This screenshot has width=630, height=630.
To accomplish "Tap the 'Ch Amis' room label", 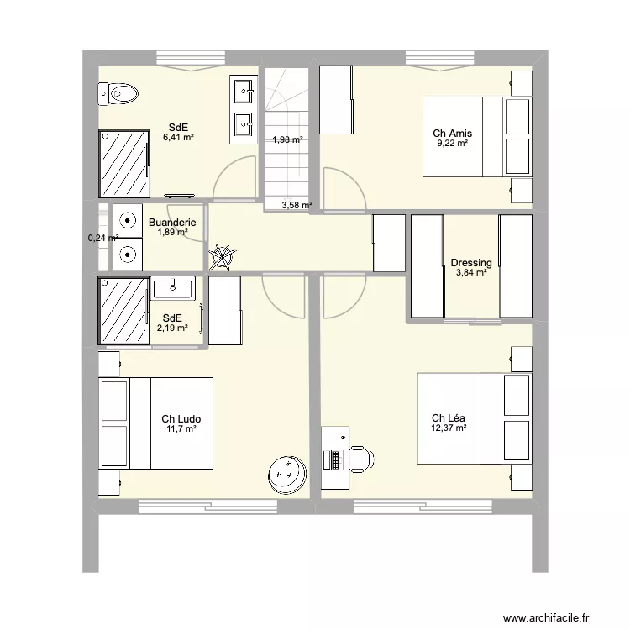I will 452,133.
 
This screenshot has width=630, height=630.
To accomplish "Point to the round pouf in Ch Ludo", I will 288,476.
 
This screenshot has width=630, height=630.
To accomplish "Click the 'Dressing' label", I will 471,263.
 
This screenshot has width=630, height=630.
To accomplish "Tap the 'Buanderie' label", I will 172,223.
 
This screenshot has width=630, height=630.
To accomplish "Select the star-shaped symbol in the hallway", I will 223,255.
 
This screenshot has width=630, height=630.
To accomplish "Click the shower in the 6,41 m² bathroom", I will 124,163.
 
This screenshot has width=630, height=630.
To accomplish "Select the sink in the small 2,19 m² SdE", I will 173,289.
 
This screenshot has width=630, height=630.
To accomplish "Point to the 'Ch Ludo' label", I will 181,418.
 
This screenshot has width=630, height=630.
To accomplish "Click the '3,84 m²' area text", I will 471,273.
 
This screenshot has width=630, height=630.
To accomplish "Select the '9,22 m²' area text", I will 452,144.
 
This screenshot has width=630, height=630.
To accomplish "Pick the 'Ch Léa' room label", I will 449,418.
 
